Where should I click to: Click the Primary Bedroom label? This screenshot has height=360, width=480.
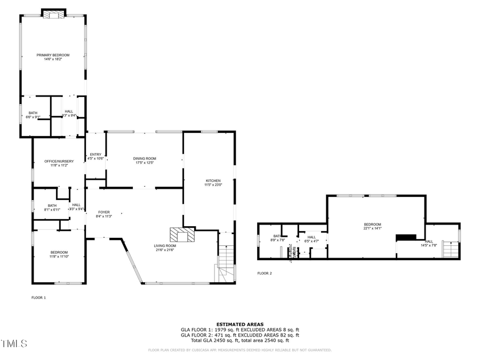click(x=53, y=55)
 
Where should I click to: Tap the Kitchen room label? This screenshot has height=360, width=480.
click(x=213, y=181)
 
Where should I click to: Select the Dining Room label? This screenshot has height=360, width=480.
click(x=145, y=158)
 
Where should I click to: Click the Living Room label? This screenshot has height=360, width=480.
click(x=165, y=246)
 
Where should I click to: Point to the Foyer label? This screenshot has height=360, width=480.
click(x=103, y=212)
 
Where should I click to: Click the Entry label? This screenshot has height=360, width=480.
click(x=95, y=155)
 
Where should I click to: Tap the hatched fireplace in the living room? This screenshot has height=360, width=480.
click(x=182, y=235)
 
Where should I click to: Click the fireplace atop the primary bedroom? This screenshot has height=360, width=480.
click(x=53, y=14)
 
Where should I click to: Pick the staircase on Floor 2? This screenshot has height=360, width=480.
click(x=451, y=249)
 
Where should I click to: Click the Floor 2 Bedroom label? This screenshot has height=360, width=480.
click(x=372, y=225)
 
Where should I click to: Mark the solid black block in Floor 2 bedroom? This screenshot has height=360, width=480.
click(x=406, y=237)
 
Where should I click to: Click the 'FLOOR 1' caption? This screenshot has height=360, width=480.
click(x=38, y=298)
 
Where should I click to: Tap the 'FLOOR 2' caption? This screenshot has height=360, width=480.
click(x=265, y=273)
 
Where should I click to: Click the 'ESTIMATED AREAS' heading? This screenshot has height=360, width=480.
click(x=239, y=324)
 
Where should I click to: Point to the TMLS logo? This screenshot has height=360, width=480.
click(x=14, y=343)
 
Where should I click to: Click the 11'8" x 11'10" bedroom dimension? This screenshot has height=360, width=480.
click(x=59, y=257)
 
